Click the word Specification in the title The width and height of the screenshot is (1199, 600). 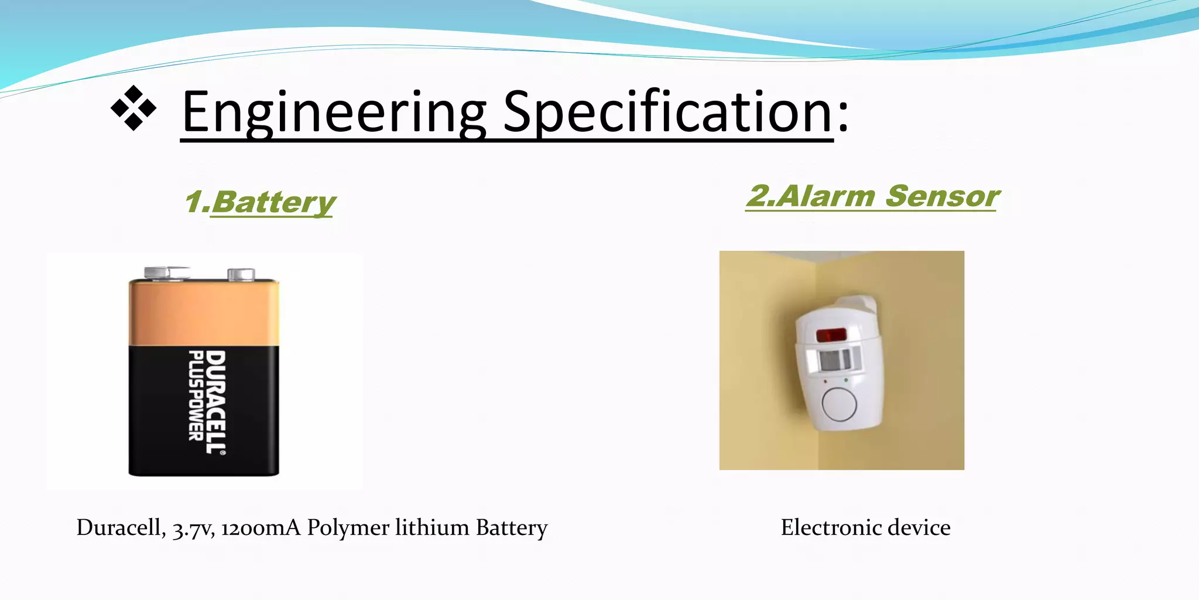667,112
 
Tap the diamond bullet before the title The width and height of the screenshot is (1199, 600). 133,108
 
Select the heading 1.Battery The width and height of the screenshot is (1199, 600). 260,203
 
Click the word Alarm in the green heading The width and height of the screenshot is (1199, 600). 827,196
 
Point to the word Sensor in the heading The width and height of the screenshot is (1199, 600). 941,196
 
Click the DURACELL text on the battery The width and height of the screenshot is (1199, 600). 215,402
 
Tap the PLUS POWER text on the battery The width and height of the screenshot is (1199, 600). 196,396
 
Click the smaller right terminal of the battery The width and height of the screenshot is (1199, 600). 241,274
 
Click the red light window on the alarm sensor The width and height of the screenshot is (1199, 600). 831,335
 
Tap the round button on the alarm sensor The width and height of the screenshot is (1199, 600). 839,404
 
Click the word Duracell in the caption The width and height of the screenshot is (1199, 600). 121,528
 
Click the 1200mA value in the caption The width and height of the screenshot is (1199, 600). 261,528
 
